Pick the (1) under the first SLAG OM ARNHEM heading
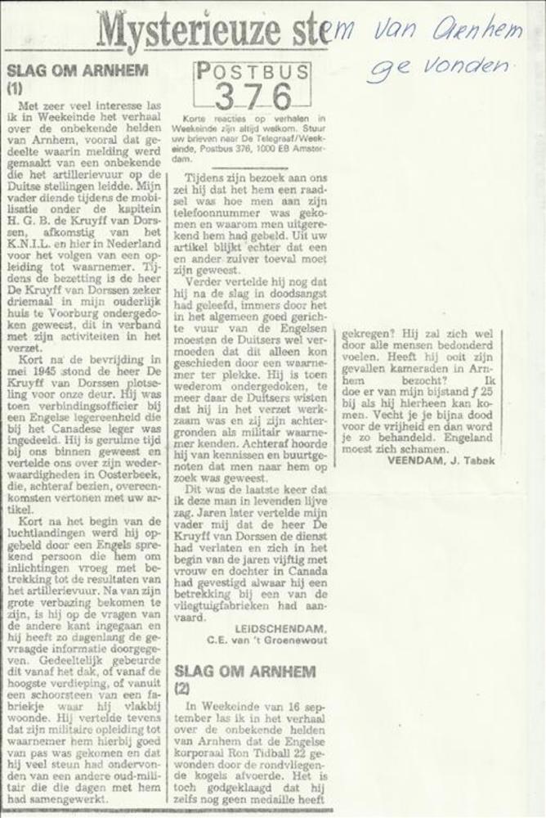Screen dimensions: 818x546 [x=15, y=87]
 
